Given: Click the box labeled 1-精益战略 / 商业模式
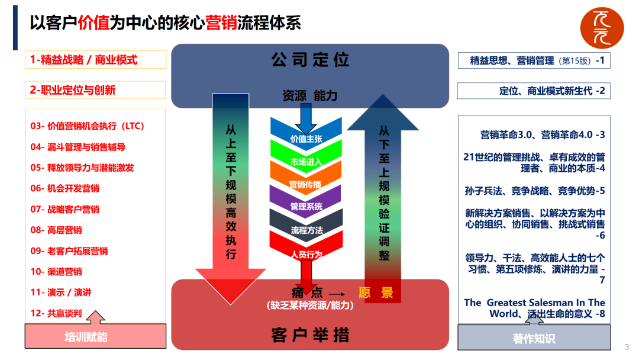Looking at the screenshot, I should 95,60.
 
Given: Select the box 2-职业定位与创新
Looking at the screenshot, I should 95,90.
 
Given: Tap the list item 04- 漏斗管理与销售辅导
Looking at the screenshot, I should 78,147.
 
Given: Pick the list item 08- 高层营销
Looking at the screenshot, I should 56,230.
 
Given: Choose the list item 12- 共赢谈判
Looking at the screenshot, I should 56,313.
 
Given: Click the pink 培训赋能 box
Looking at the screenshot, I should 86,337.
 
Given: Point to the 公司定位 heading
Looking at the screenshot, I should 311,60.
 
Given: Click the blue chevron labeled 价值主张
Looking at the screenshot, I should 306,139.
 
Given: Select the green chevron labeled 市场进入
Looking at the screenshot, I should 306,162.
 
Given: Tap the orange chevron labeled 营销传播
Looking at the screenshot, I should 306,184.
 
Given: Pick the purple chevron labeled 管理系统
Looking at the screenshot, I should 306,207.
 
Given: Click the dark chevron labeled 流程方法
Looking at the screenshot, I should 306,230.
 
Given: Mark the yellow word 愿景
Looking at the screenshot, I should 376,292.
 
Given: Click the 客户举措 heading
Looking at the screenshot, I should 311,335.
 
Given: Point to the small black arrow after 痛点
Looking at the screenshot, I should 336,294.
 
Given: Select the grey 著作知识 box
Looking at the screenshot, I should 534,338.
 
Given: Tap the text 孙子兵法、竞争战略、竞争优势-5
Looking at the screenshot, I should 535,191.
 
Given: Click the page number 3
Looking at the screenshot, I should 627,347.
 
